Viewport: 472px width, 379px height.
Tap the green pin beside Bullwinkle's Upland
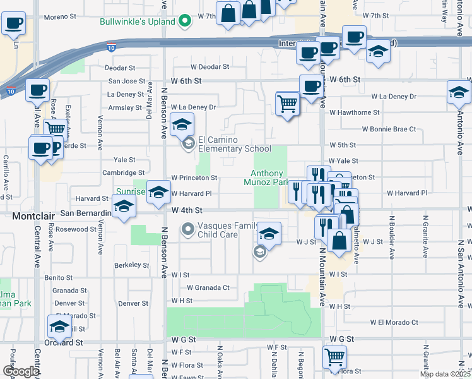click(185, 21)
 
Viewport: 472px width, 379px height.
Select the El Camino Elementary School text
click(235, 145)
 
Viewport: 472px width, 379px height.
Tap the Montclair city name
click(27, 216)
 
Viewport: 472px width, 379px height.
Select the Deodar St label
click(120, 67)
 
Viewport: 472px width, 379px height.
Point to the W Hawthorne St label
click(353, 112)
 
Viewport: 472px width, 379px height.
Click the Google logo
click(21, 372)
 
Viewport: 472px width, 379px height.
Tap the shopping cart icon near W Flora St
click(335, 357)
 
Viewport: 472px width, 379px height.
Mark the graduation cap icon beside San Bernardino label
click(124, 207)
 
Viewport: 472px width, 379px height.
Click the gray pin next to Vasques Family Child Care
click(187, 229)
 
